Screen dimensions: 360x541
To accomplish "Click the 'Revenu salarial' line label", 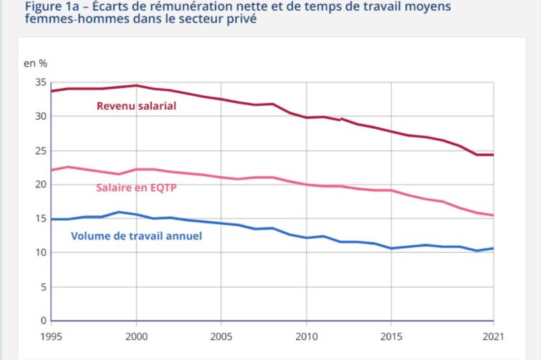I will (136, 106).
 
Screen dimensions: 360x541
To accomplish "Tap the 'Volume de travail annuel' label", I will (136, 236).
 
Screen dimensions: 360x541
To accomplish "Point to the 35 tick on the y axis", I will (40, 82).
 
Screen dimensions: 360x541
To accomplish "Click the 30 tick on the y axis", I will (40, 116).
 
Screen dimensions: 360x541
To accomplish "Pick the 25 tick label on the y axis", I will (40, 150).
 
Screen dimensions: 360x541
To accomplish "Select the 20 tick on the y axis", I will (40, 185).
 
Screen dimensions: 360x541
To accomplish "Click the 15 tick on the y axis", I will (40, 218).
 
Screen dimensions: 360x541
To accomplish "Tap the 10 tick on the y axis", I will (40, 252).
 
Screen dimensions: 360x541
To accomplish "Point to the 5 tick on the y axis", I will (43, 287).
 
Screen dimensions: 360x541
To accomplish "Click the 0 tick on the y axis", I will (43, 321).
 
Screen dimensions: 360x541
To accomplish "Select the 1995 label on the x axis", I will (51, 337).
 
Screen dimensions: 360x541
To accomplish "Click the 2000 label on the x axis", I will (136, 337).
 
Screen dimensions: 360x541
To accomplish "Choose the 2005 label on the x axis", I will (220, 337).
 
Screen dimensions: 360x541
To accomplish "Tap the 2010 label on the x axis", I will (306, 337).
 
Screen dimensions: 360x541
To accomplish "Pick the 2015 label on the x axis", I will (391, 337).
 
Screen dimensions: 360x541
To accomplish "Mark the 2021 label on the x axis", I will (492, 337).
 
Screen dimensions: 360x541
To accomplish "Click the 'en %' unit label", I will (36, 63).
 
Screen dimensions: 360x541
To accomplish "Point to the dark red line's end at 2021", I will (492, 154).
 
